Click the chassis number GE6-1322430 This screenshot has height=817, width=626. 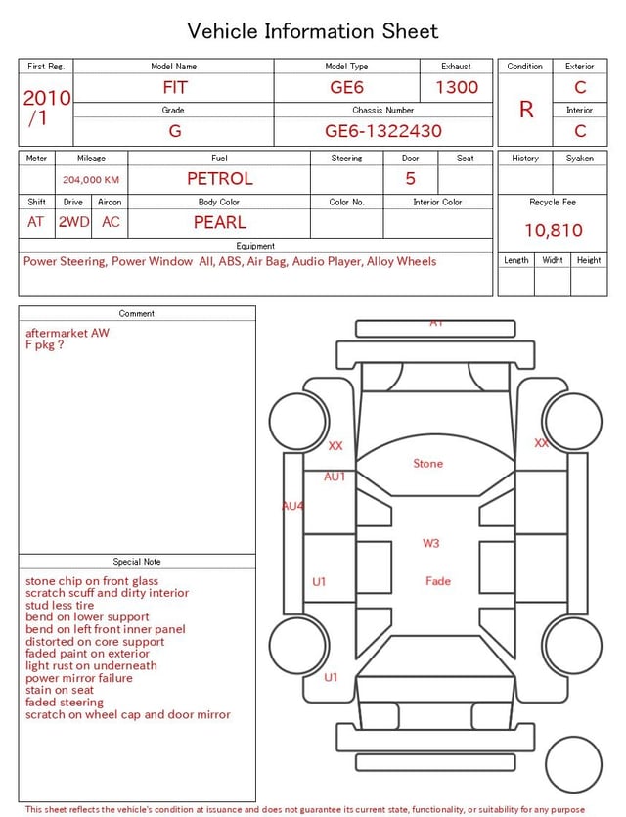(x=383, y=131)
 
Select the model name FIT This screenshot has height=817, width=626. (x=175, y=87)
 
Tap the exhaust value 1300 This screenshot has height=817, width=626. (x=457, y=87)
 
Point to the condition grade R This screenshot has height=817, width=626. (x=526, y=110)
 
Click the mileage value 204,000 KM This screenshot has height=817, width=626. (x=91, y=180)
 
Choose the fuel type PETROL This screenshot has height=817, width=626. (x=220, y=179)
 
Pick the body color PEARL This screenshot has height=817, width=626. (x=220, y=222)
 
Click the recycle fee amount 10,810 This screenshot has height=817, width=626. (x=553, y=230)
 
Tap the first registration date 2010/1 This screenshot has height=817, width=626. (x=46, y=108)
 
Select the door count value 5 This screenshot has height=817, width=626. (x=411, y=179)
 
